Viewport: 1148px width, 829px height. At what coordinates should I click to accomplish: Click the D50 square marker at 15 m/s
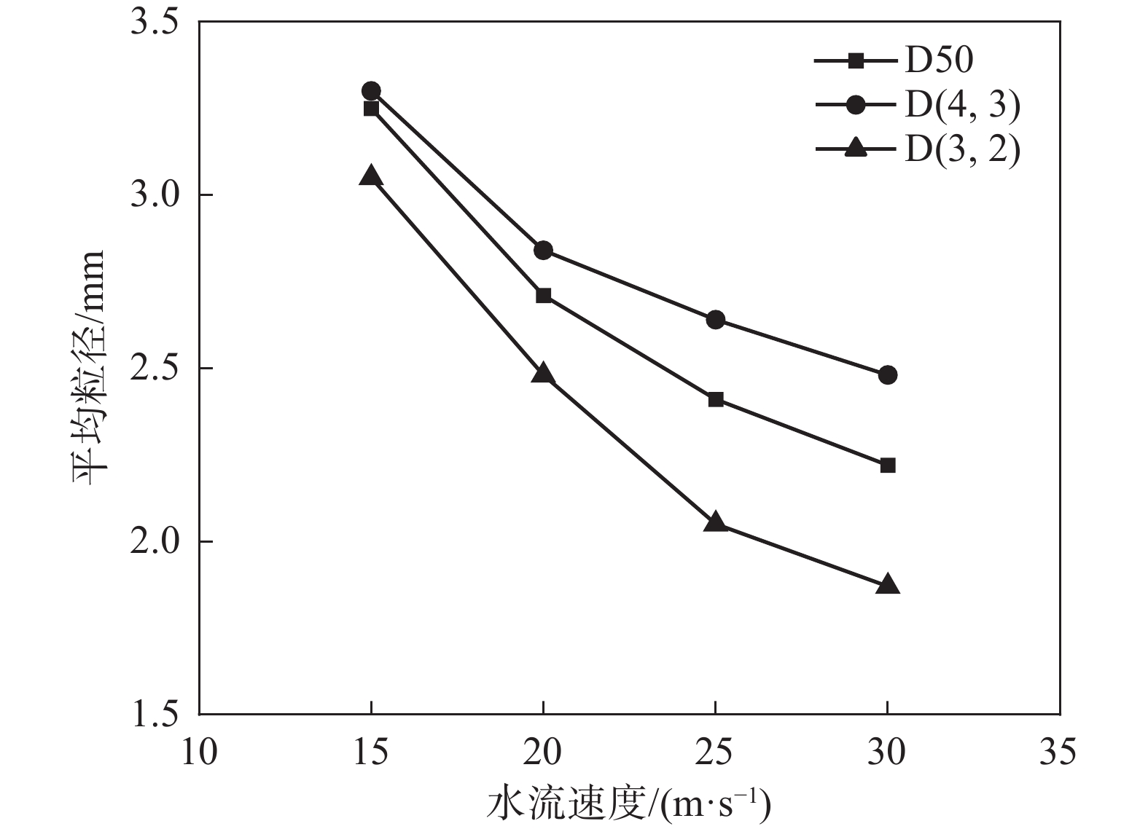click(371, 109)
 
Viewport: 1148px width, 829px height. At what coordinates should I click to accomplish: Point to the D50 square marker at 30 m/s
click(887, 465)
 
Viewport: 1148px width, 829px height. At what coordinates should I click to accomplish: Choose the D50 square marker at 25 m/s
click(715, 399)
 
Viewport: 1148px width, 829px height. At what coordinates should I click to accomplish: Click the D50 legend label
click(939, 61)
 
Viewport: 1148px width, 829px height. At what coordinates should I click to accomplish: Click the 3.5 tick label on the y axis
click(154, 23)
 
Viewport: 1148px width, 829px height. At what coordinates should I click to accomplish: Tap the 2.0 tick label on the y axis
click(154, 542)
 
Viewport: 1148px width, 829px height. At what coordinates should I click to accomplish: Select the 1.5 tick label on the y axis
click(154, 715)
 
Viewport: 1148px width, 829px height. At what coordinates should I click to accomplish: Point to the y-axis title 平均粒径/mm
click(88, 368)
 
